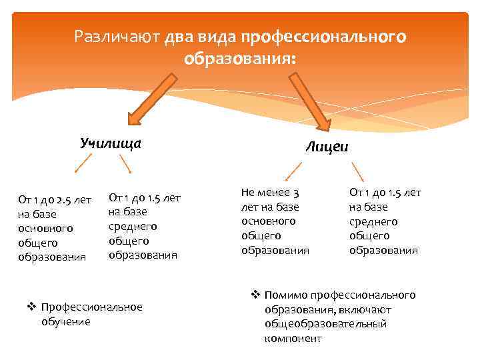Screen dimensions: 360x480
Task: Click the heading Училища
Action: (x=111, y=142)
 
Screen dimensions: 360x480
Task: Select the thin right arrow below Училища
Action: (x=125, y=164)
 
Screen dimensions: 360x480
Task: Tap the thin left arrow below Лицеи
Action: (x=292, y=172)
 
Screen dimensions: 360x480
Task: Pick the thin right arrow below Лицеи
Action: (x=357, y=172)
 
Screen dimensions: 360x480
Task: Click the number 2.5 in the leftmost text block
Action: (x=65, y=199)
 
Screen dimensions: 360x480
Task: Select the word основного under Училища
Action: (x=45, y=229)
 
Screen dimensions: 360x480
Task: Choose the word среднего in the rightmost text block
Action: (x=373, y=221)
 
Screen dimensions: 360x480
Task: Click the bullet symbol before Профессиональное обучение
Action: (x=31, y=307)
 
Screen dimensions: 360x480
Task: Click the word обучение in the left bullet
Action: (x=65, y=321)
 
